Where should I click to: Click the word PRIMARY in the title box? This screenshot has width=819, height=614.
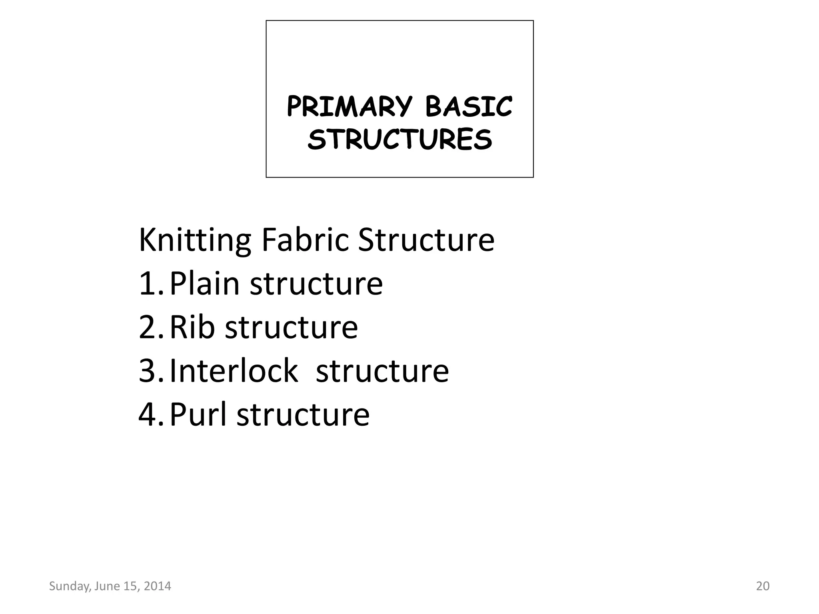click(349, 107)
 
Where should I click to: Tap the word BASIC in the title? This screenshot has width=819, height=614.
click(468, 107)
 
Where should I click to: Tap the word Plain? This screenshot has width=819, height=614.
click(204, 284)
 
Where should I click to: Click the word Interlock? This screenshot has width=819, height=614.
click(234, 371)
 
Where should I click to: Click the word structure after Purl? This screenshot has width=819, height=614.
click(303, 415)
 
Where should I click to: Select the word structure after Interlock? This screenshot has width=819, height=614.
click(382, 371)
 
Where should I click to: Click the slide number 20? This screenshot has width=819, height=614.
click(763, 586)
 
